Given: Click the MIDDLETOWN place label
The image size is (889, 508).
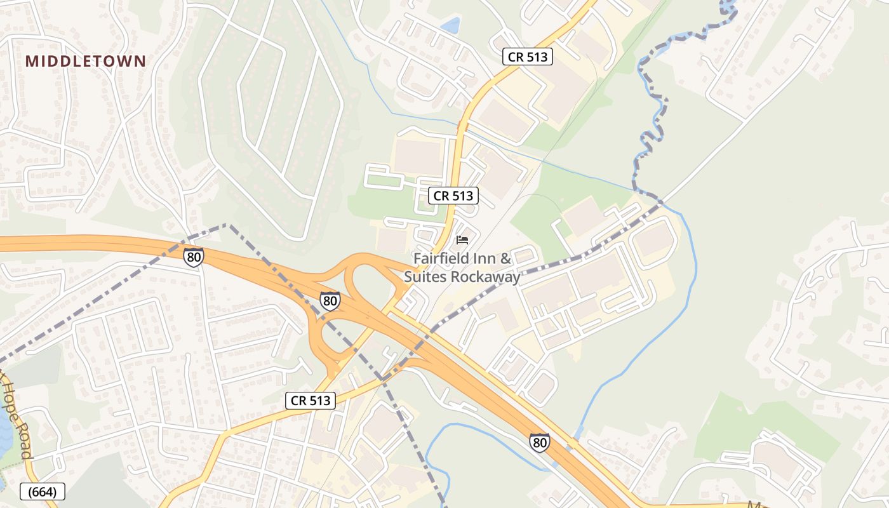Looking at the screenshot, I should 86,62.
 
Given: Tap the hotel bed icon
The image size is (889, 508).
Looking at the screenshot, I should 462,240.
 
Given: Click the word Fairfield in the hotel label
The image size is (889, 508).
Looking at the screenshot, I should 444,258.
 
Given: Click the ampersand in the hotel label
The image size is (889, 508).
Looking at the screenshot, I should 505,258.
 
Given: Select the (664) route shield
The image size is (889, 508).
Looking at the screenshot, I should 43,491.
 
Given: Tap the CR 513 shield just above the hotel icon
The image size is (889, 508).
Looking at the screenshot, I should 453,196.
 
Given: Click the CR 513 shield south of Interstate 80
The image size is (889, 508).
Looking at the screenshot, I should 311,400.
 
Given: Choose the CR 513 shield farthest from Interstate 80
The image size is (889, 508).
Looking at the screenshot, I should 528,57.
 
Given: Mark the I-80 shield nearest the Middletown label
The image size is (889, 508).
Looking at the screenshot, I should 194,257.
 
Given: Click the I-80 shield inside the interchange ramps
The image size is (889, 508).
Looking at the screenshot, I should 330,301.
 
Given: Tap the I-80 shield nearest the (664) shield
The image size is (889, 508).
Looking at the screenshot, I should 539,442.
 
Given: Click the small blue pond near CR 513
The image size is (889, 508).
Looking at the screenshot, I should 451,25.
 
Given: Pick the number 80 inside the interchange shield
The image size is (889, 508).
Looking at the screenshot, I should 330,302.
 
